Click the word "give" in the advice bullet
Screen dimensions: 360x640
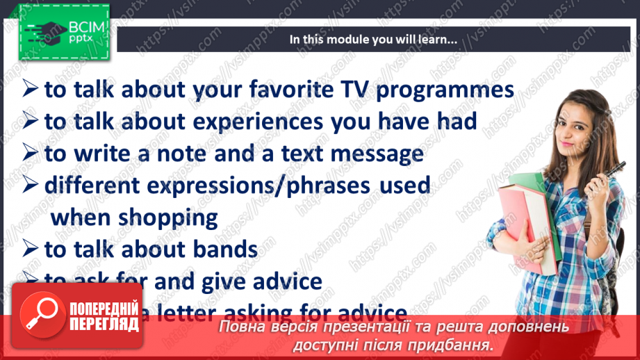[x=239, y=281]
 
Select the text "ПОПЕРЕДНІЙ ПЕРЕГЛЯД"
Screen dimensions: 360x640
[x=104, y=317]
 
